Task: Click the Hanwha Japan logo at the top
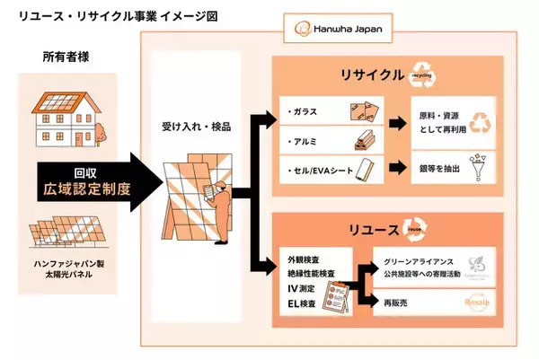click(x=340, y=31)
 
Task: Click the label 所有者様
click(x=66, y=58)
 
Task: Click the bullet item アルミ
click(x=305, y=141)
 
